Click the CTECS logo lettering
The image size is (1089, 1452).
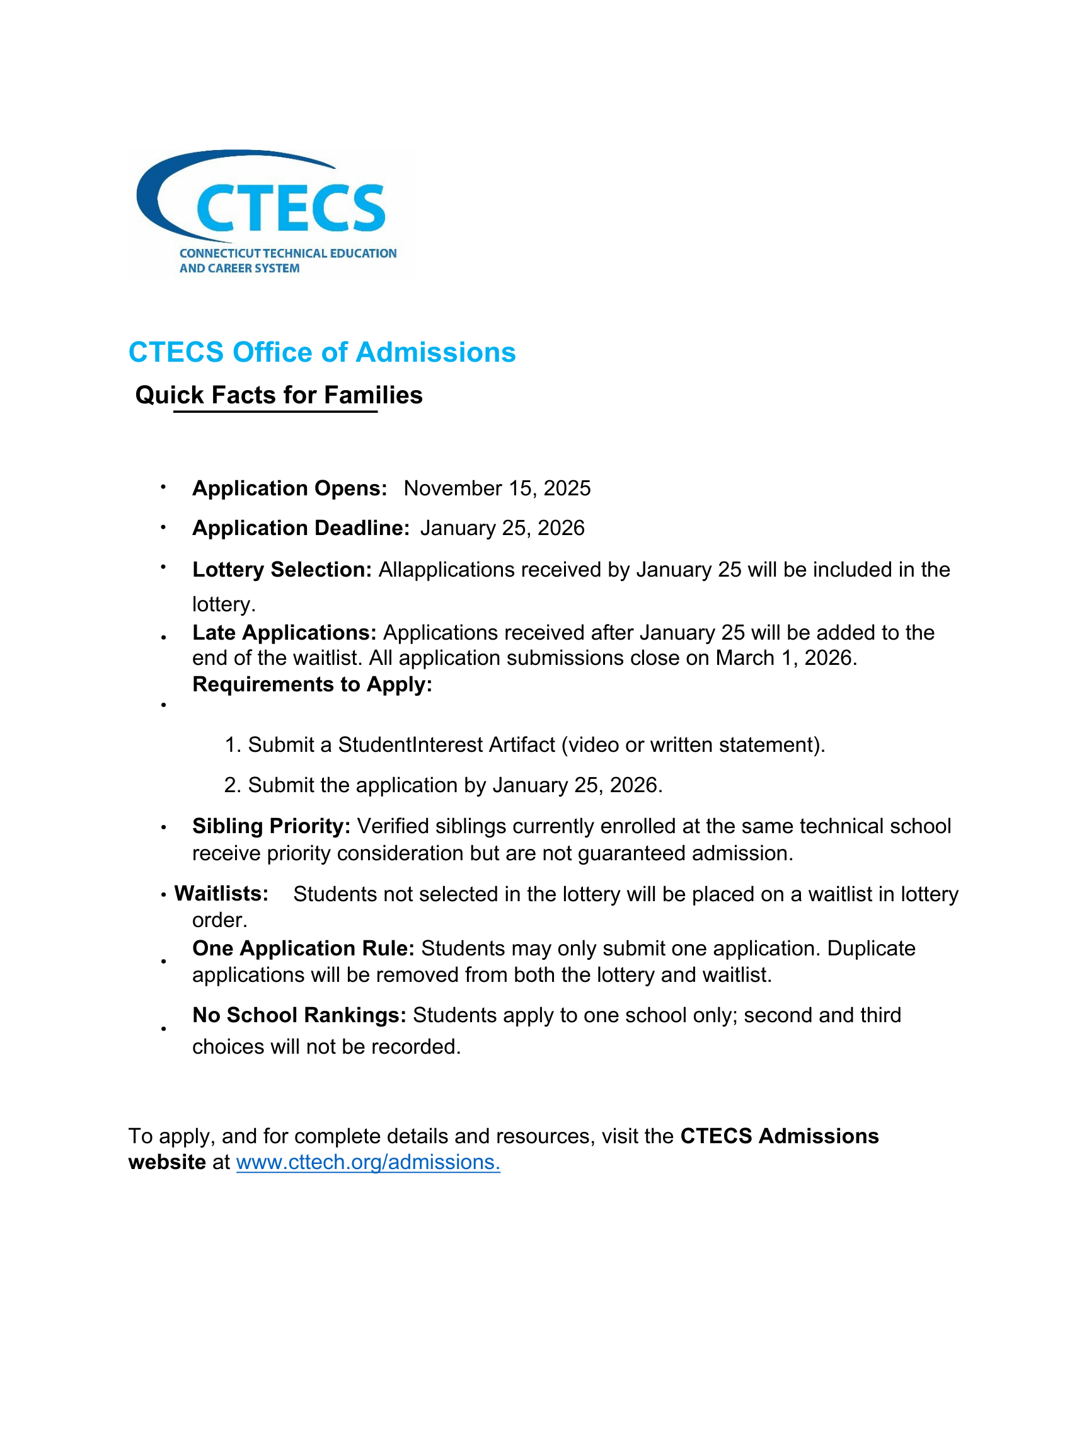point(290,207)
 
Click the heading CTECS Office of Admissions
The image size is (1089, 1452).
point(321,352)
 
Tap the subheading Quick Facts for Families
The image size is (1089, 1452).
point(279,395)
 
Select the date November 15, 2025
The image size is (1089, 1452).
point(497,488)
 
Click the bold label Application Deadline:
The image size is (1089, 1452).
point(301,528)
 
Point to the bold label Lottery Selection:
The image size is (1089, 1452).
point(282,570)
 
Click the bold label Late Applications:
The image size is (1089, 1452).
point(284,633)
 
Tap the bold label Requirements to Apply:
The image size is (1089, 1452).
point(312,684)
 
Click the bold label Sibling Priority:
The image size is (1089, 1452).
point(271,826)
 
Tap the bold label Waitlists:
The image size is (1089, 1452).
point(221,894)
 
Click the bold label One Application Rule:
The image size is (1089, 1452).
point(303,948)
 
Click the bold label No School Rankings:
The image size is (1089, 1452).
point(299,1015)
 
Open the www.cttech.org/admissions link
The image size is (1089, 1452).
point(367,1163)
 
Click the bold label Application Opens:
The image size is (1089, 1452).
point(289,488)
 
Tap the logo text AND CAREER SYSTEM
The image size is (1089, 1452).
point(239,268)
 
